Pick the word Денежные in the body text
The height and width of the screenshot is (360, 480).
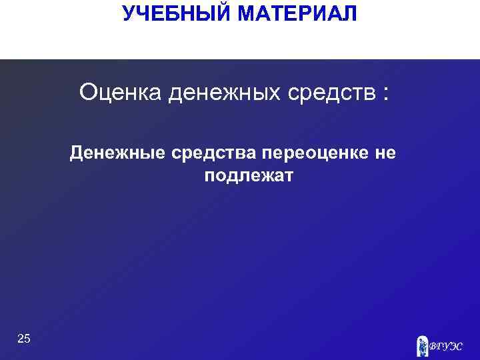[x=117, y=154]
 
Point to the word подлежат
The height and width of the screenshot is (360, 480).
[x=245, y=177]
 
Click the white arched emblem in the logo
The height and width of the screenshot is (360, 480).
[x=422, y=345]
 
